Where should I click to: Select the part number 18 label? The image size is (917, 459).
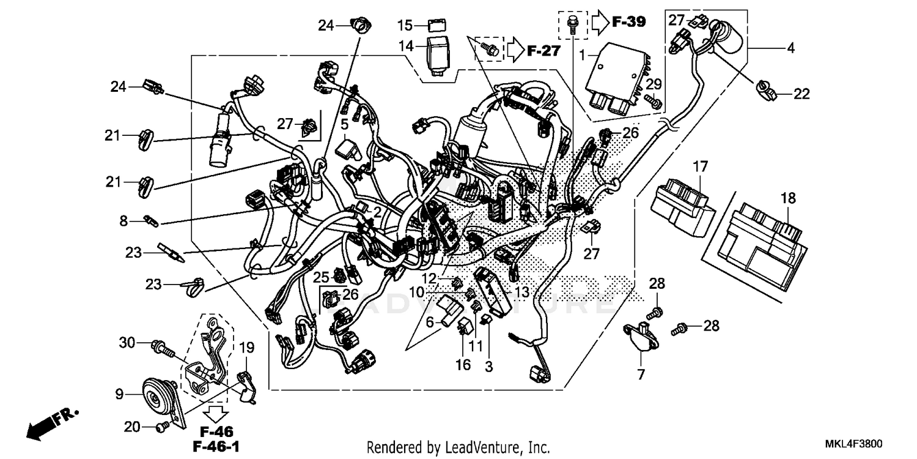coord(788,198)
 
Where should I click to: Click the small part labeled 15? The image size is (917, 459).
coord(437,26)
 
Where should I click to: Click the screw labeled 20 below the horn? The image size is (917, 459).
coord(163,426)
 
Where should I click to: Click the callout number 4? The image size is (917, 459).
coord(790,48)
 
